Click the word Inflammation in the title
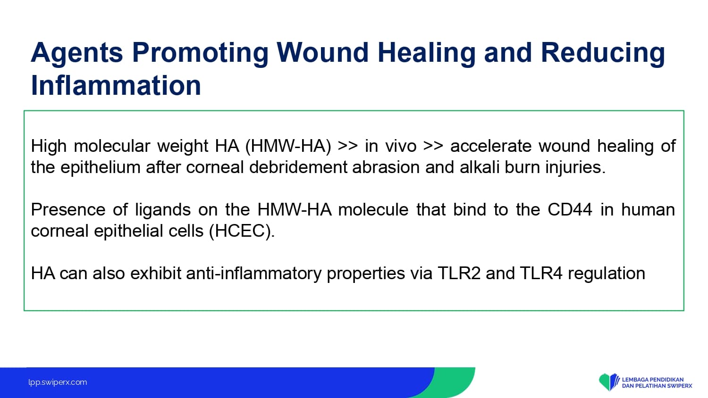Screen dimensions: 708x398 pyautogui.click(x=116, y=85)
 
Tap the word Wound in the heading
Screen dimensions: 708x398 pyautogui.click(x=322, y=52)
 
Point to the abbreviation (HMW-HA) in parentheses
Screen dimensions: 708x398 pyautogui.click(x=288, y=146)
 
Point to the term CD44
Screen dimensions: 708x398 pyautogui.click(x=570, y=210)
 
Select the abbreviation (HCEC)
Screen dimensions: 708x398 pyautogui.click(x=242, y=231)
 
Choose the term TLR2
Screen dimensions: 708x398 pyautogui.click(x=459, y=273)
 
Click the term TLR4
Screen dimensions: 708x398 pyautogui.click(x=541, y=273)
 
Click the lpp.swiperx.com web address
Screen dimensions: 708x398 pyautogui.click(x=58, y=382)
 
